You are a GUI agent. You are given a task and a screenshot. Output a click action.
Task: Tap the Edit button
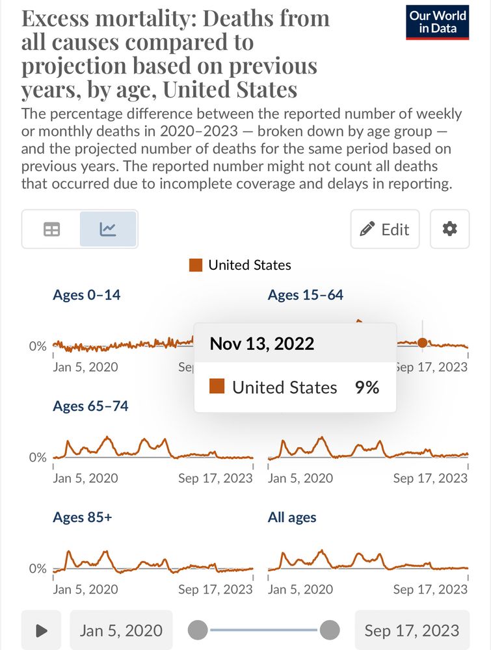point(385,229)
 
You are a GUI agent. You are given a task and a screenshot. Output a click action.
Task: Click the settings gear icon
point(449,229)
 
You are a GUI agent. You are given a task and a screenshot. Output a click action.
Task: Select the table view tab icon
point(51,229)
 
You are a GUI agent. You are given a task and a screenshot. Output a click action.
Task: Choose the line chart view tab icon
point(108,229)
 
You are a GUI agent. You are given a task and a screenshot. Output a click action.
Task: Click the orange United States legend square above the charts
point(195,265)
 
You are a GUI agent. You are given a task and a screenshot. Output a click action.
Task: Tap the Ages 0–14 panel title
point(86,295)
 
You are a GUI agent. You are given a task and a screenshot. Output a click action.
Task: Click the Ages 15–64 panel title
point(305,295)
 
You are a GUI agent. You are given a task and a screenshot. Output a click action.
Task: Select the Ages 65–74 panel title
point(90,406)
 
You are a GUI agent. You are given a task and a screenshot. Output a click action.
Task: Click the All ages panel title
point(292,517)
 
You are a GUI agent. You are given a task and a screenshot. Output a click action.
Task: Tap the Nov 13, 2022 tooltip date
point(261,343)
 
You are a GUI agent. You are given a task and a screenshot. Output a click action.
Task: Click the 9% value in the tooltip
point(367,387)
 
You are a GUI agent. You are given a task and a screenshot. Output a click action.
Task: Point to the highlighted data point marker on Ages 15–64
point(423,343)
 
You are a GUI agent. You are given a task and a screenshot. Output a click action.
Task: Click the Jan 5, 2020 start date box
point(121,630)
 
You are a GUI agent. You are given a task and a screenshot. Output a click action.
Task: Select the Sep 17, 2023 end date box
point(412,630)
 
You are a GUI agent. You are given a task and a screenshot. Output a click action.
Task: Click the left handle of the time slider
point(198,630)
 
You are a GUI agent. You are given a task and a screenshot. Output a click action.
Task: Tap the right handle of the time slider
point(330,630)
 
